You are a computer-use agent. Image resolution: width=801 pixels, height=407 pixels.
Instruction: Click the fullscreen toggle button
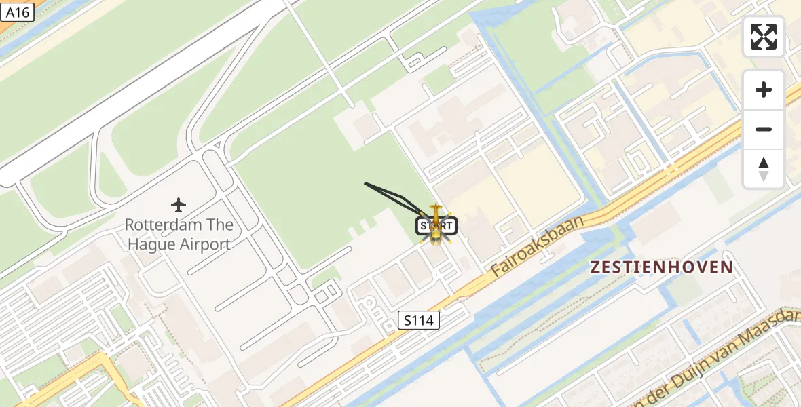pos(764,37)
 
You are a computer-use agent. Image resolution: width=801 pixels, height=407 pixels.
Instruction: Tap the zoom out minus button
pos(764,129)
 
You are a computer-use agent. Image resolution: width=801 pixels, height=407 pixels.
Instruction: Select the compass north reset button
pos(764,169)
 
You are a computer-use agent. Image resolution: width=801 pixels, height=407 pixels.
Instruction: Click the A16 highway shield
pos(18,12)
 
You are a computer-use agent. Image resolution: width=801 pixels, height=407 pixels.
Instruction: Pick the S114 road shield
pos(418,320)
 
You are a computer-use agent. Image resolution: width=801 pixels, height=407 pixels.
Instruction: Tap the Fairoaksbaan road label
pos(538,247)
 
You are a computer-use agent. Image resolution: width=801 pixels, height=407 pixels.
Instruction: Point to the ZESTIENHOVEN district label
pos(661,267)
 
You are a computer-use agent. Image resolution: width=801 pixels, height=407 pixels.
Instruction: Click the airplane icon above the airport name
pos(179,204)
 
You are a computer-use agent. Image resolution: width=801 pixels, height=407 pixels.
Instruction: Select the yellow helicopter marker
pos(436,227)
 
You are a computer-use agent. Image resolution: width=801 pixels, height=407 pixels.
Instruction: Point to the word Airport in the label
pos(204,244)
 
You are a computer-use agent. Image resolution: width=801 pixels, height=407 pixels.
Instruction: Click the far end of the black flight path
pos(365,182)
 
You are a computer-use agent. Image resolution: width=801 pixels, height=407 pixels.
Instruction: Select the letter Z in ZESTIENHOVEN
pos(595,267)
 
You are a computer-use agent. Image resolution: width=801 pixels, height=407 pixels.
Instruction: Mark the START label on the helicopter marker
pos(436,226)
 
